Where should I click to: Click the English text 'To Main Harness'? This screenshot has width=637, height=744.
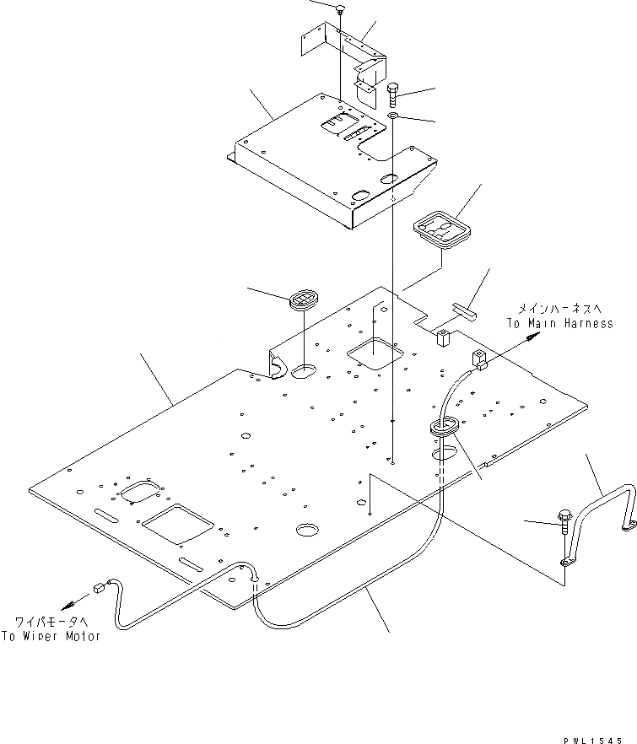559,324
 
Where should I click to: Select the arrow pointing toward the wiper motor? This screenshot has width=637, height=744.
75,603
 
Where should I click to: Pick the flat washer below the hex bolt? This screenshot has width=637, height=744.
394,115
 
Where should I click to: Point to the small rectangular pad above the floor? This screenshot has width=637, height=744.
465,310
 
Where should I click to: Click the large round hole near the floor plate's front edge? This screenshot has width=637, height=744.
284,530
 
